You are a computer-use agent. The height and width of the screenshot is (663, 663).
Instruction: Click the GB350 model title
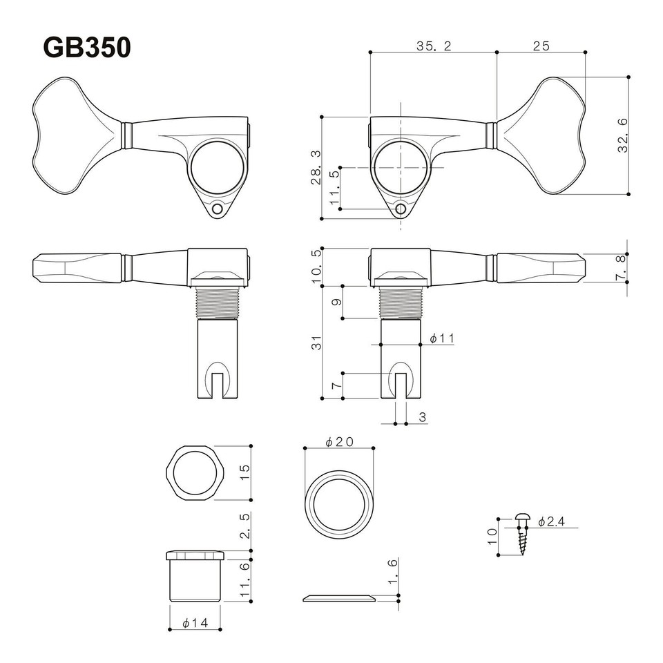pos(87,48)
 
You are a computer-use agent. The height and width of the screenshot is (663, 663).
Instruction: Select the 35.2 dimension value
pos(433,46)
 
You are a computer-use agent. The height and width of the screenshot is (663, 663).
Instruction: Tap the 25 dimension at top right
pos(541,46)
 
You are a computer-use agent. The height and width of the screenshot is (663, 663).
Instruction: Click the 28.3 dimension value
pos(316,168)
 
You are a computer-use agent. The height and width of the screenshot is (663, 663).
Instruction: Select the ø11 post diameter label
pos(441,338)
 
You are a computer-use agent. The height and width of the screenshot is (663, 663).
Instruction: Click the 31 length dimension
pos(316,342)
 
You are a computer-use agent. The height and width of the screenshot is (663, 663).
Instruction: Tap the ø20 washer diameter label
pos(338,442)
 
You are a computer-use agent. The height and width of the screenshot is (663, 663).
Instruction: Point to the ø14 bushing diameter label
pos(195,623)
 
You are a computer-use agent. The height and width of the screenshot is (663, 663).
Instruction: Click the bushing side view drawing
pos(194,577)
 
